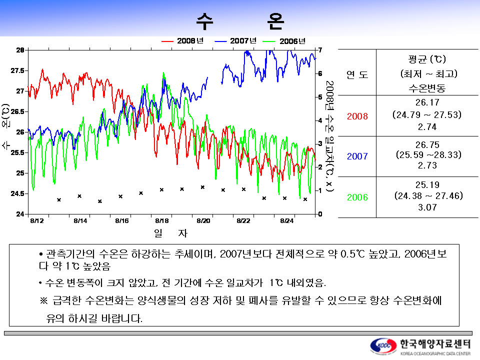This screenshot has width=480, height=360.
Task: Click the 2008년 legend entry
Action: coord(183,40)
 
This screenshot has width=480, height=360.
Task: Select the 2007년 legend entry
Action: coord(235,40)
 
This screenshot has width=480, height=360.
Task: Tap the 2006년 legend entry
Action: coord(284,41)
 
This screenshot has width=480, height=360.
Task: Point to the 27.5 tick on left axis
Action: coord(17,70)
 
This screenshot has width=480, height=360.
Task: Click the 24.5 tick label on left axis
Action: coord(17,193)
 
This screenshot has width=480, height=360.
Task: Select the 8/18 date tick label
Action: coord(161,220)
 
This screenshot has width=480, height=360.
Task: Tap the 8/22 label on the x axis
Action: coord(243,220)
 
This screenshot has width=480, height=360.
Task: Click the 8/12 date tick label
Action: coord(36,220)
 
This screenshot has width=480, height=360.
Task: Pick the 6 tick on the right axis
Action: coord(320,73)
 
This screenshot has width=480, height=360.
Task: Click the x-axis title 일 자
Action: coord(170,233)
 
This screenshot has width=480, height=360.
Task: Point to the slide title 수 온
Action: coord(240,21)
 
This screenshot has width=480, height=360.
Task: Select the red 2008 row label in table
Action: coord(357,116)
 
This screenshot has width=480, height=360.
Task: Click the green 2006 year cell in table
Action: coord(357,197)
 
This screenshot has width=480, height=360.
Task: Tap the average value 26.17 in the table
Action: coord(427,102)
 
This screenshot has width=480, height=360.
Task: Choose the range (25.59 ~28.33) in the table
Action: coord(428,154)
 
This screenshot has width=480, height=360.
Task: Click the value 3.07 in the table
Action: coord(427,207)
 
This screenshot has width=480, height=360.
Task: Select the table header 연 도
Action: coord(357,74)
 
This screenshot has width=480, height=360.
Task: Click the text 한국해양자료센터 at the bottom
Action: coord(435,344)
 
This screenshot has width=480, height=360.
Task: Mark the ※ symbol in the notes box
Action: coord(44,300)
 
